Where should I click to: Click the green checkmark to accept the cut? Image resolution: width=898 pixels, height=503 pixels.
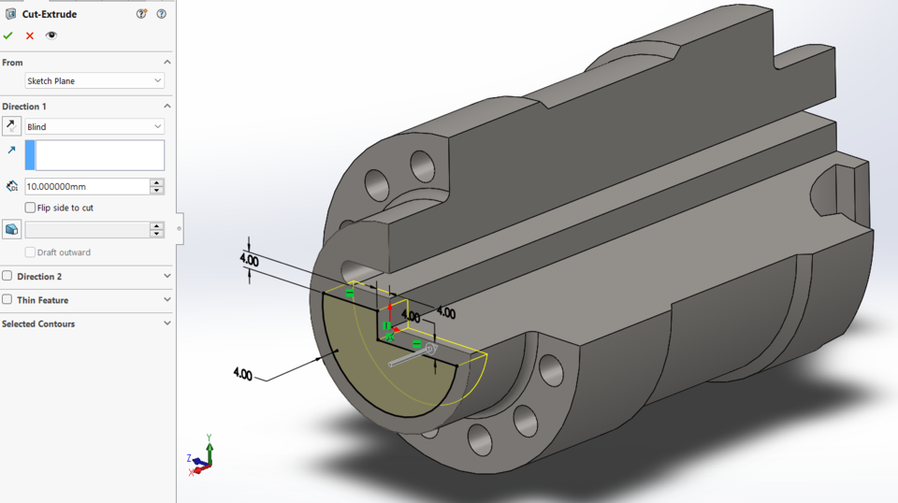[x=8, y=36]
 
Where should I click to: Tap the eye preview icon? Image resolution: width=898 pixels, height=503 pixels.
[x=51, y=36]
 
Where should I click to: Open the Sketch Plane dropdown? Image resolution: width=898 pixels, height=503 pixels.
[x=94, y=81]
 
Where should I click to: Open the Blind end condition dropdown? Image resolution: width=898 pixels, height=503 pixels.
[x=94, y=126]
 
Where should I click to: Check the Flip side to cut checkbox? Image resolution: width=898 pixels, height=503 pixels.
[x=31, y=208]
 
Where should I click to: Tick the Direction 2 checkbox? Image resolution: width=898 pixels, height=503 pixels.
[x=7, y=277]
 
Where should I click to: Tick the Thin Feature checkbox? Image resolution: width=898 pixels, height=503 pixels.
[x=7, y=300]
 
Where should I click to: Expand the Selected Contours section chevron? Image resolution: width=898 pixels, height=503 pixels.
[x=167, y=323]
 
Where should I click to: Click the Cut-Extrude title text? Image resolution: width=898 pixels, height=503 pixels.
[x=50, y=14]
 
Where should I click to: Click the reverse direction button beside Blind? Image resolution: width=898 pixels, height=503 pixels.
[x=11, y=126]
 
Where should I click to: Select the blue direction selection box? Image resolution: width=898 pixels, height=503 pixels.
[x=94, y=155]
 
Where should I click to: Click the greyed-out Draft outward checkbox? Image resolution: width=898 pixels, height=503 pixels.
[x=31, y=252]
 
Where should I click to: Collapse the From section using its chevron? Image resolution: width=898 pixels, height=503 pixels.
[x=167, y=63]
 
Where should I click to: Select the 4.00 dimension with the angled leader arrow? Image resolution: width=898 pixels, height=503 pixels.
[x=241, y=374]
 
